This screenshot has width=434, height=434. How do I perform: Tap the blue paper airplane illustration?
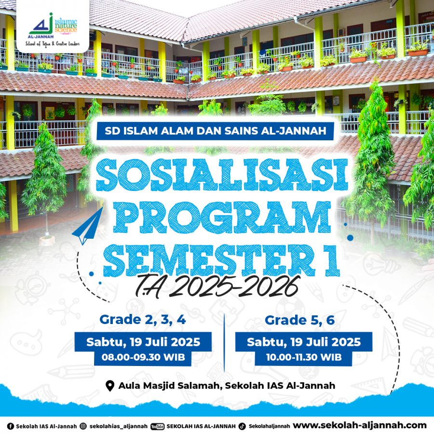coord(88,227)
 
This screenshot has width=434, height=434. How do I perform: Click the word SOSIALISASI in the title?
coord(222,175)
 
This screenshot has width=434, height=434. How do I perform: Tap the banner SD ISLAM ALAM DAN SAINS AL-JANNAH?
coord(215,131)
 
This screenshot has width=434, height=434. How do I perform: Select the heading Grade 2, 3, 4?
coord(143,320)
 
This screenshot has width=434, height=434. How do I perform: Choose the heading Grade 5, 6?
coord(300,320)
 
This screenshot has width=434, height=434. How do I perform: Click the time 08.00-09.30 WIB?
coord(143,357)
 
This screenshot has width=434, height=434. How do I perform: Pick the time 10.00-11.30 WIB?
coord(304,357)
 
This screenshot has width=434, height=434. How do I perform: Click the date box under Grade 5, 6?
coord(304,342)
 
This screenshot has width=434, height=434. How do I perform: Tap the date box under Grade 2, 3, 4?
coord(143,342)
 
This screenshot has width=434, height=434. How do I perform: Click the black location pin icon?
coord(110,386)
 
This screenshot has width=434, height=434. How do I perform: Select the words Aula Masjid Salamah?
coord(169,386)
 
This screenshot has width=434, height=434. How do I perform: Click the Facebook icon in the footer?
coord(11,426)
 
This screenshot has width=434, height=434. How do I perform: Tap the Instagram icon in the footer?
coord(83,426)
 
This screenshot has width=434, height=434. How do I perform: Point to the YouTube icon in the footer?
coord(158,427)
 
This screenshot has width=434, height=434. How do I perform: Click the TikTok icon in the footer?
coord(242,426)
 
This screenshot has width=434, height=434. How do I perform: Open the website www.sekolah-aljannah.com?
coord(360,425)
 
